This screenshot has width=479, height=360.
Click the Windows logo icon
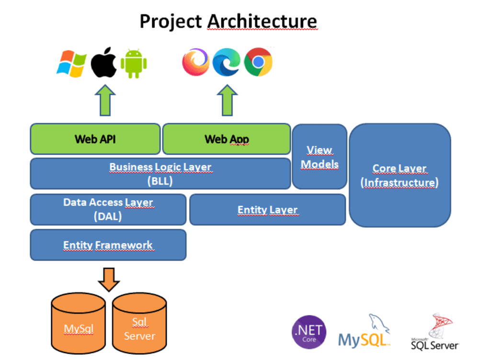click(x=71, y=64)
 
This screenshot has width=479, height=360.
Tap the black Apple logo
click(x=104, y=62)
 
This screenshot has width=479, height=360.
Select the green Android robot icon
click(x=134, y=63)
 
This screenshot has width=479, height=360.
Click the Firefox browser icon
click(x=196, y=62)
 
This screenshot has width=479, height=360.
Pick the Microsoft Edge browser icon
click(x=227, y=62)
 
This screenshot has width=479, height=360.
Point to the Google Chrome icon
click(x=258, y=62)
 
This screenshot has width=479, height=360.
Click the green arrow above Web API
click(x=105, y=100)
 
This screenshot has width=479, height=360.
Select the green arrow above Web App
click(x=227, y=100)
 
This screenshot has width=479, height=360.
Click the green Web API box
click(x=95, y=139)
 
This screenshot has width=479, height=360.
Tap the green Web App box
click(x=227, y=139)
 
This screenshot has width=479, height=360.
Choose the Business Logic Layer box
click(x=160, y=174)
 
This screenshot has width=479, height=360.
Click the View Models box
click(x=319, y=156)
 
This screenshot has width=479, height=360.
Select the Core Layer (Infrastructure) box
click(x=400, y=175)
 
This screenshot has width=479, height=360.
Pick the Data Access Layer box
click(x=108, y=209)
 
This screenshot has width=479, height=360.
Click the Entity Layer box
click(x=268, y=209)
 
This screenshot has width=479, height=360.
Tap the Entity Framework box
click(x=108, y=245)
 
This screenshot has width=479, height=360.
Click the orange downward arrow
click(x=109, y=279)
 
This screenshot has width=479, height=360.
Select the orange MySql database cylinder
click(x=79, y=323)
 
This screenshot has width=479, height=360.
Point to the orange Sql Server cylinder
click(x=139, y=323)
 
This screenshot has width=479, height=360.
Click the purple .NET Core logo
click(x=309, y=332)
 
